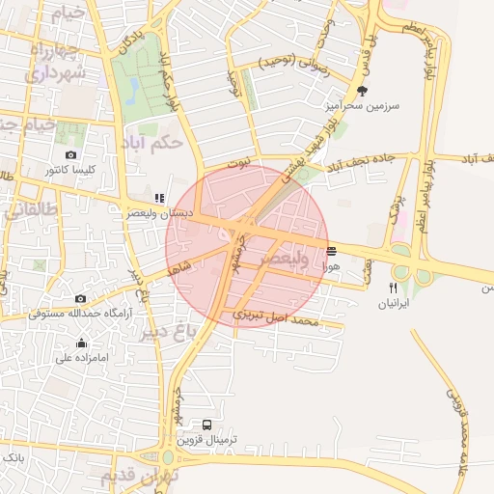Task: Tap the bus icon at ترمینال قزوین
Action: [207, 424]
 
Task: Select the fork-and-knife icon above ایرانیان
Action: [393, 288]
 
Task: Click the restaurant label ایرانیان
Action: [394, 303]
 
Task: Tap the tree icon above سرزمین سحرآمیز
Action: [362, 91]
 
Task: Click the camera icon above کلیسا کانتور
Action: [70, 154]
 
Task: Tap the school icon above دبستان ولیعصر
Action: [159, 198]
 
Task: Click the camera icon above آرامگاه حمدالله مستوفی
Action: [80, 298]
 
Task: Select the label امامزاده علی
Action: [77, 357]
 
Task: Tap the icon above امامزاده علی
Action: [81, 343]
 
